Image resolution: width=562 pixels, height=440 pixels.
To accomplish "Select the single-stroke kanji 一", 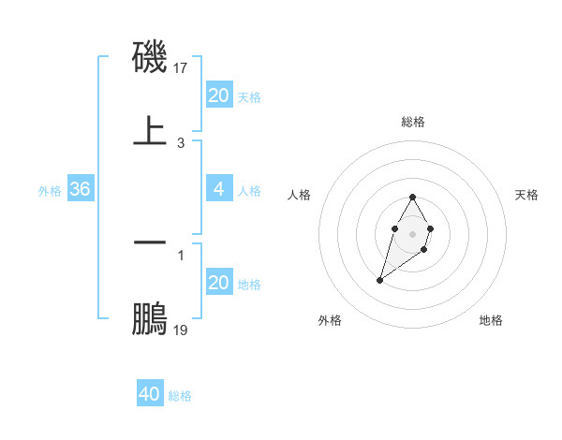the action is pos(151,242).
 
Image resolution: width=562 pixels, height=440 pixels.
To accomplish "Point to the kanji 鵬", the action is pos(151,317).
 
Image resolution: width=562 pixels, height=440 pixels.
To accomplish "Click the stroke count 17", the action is pos(182,68).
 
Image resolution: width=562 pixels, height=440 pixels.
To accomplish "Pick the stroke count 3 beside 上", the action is pos(181,143).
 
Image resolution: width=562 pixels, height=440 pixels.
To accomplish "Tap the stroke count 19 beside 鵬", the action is pos(182,330).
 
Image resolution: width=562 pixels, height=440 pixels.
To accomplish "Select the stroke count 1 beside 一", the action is pos(181,255).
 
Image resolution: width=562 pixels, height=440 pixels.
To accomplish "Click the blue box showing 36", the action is pos(80,189).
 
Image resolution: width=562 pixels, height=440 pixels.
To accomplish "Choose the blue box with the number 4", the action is pos(218,189).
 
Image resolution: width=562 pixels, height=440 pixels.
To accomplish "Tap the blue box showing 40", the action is pos(149,394).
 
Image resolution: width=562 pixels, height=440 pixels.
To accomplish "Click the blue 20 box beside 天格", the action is pos(218,95).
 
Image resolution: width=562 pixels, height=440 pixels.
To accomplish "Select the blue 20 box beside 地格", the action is pos(218,283).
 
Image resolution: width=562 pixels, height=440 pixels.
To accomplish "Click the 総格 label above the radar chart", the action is pos(413,122).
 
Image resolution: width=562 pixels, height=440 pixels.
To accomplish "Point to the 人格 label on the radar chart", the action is pos(299,195).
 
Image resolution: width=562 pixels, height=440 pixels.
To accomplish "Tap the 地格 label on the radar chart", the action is pos(491,320).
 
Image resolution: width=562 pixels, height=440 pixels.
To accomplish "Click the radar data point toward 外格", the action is pos(379,279).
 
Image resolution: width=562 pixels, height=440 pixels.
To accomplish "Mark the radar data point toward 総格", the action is pos(412,197).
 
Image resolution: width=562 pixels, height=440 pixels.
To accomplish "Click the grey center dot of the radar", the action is pos(412,232).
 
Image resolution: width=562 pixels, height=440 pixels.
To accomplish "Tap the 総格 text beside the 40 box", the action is pos(180,396).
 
